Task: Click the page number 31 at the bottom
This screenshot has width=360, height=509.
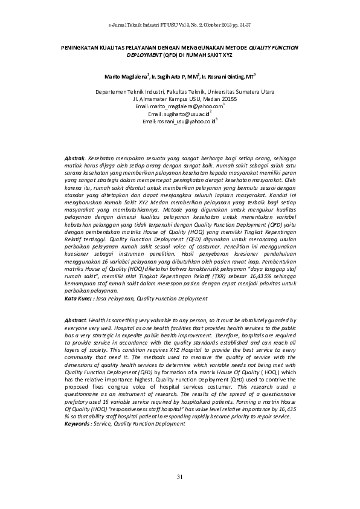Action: click(179, 478)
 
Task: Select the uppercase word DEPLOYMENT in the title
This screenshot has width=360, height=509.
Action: click(144, 54)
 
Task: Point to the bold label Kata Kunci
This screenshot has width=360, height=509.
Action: click(78, 299)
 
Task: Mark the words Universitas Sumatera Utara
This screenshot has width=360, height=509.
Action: click(232, 91)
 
